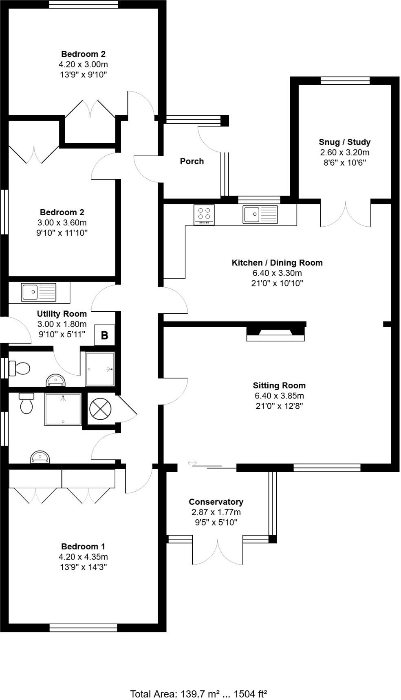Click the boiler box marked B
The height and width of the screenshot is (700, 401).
tap(104, 335)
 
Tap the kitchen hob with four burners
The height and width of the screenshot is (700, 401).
tap(204, 214)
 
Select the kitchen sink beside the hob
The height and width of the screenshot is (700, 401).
tap(260, 214)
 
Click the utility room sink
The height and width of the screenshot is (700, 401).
tap(39, 292)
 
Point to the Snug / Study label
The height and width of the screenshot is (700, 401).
tap(344, 142)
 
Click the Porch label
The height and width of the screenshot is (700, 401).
tap(192, 161)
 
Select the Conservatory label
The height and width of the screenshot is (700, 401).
tap(216, 502)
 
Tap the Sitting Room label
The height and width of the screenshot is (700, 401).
tap(279, 385)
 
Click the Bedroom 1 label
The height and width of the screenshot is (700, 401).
tap(83, 546)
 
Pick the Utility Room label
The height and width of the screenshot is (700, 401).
tap(62, 314)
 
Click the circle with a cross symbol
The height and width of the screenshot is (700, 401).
tap(100, 408)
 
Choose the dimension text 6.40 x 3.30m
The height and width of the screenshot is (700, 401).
tap(277, 273)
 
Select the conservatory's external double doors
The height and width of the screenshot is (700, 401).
tap(218, 551)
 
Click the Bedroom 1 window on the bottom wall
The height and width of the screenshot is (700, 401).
tap(83, 628)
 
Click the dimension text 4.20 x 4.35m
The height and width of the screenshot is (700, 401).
tap(83, 557)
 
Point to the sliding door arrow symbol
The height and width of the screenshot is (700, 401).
tap(192, 463)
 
